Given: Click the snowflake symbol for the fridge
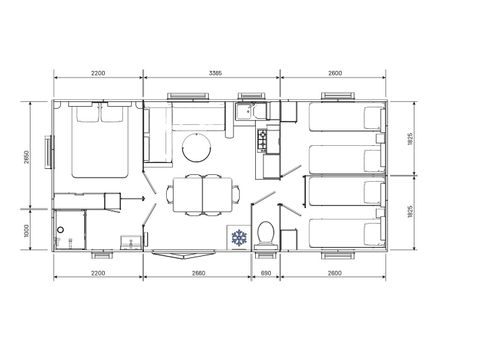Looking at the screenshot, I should [239, 237].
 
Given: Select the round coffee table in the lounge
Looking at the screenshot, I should [196, 150].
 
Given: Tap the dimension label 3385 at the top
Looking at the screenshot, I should [211, 72].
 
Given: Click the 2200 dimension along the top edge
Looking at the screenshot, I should [98, 72].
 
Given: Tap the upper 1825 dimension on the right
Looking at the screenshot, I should [411, 139].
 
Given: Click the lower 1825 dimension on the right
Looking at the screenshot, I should [411, 212].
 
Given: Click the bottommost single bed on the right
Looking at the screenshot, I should [346, 232].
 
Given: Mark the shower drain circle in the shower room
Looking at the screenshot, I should [61, 230].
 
